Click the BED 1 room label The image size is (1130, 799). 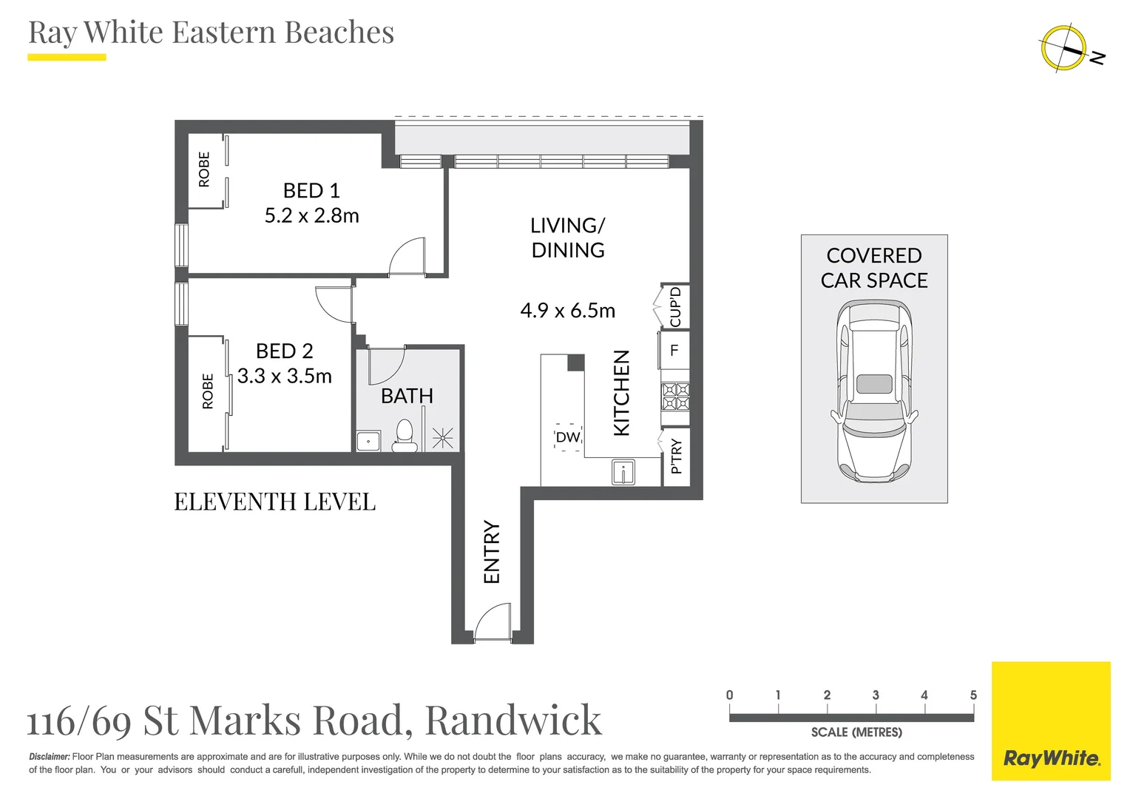(x=311, y=191)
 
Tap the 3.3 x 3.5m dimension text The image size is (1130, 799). (x=285, y=376)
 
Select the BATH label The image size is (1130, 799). (x=407, y=396)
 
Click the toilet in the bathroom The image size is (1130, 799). (x=405, y=436)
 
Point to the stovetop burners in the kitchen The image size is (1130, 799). (x=675, y=396)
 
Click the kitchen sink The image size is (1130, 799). (x=623, y=472)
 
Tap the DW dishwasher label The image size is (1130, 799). (x=568, y=437)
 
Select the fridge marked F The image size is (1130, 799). (x=674, y=350)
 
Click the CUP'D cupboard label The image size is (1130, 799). (x=675, y=306)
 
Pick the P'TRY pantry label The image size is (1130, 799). (x=676, y=456)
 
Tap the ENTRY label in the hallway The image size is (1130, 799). (x=492, y=552)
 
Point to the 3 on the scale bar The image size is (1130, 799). (x=876, y=695)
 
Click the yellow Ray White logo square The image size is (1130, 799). (x=1051, y=721)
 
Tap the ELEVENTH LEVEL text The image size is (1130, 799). (x=275, y=502)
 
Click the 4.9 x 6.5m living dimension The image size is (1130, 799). (x=568, y=311)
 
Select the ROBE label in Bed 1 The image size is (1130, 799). (x=204, y=169)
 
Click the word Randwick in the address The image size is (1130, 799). (x=513, y=720)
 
